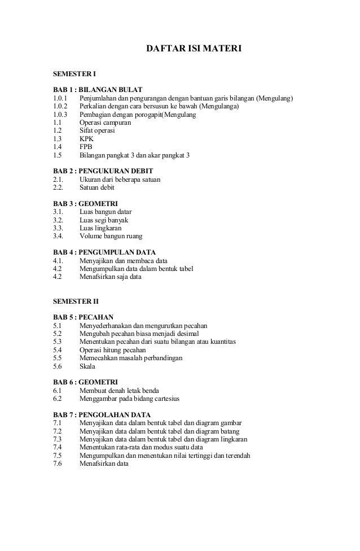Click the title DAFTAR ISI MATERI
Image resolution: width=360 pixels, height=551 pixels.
[x=194, y=50]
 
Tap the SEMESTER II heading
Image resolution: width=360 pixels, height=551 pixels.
[x=76, y=301]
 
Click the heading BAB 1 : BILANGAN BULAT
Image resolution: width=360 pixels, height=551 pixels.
[x=97, y=90]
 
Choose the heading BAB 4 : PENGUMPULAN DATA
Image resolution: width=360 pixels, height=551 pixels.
[x=104, y=252]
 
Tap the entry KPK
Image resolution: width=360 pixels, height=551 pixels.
[x=86, y=138]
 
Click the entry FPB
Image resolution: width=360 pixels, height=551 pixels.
[x=86, y=146]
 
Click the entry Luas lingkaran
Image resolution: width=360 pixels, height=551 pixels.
[x=100, y=228]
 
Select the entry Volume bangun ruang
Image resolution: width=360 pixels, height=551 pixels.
[x=111, y=237]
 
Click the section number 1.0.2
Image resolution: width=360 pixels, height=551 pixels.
[x=59, y=106]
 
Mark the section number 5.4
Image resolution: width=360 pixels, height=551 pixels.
[x=58, y=350]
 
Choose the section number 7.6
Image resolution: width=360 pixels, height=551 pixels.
[x=58, y=464]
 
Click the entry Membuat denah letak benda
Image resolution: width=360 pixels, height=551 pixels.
[x=119, y=391]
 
